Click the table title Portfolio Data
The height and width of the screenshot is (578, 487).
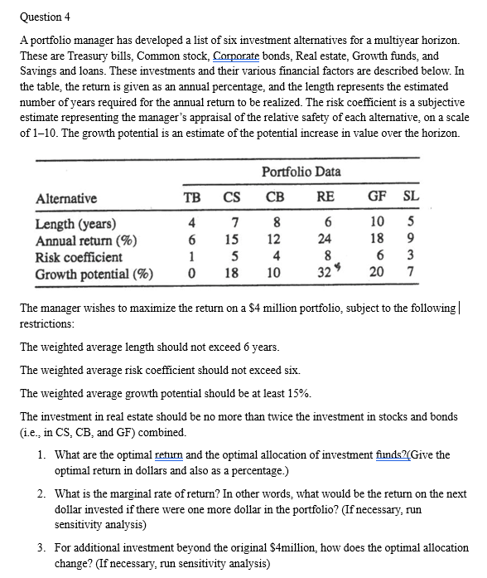(x=301, y=172)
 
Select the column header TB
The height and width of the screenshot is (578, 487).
(x=191, y=198)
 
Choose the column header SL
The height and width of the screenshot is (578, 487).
(x=411, y=198)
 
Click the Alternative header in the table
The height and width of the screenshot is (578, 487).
(x=66, y=198)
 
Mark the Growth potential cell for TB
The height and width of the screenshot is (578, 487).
(x=192, y=274)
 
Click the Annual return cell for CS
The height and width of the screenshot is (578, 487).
(x=234, y=240)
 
